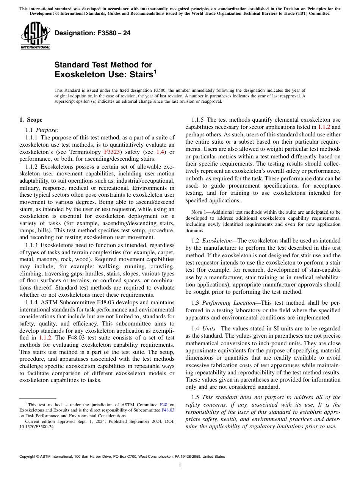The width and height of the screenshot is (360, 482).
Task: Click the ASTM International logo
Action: click(35, 36)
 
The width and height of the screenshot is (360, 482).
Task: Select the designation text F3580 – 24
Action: click(92, 33)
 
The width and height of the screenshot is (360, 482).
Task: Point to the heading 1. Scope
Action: click(31, 120)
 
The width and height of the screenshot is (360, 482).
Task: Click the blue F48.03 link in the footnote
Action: click(168, 410)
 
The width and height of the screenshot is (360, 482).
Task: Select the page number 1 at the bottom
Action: click(180, 466)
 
